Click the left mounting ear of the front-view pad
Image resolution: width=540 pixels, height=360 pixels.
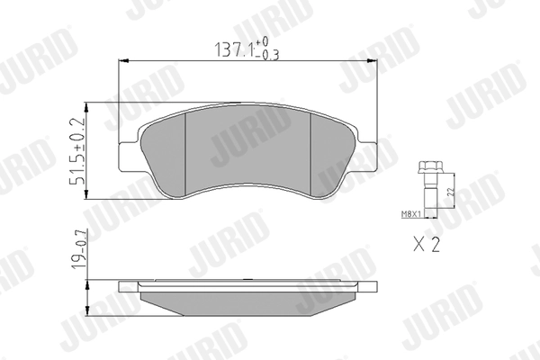point(130,155)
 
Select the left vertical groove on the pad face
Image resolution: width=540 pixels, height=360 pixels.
point(184,153)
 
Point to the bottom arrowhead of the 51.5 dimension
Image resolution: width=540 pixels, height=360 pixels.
point(94,195)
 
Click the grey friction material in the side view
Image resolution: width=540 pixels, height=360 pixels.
point(247,299)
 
